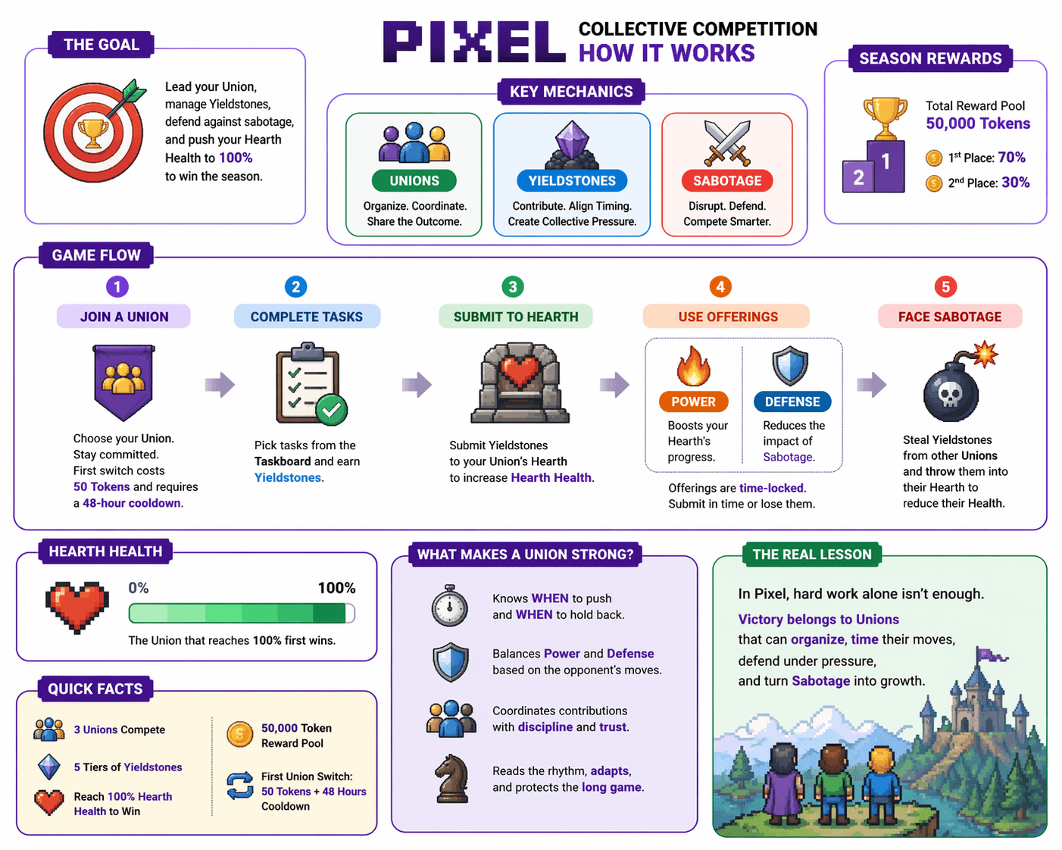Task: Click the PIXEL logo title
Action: click(x=474, y=42)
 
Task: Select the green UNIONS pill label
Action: click(x=414, y=181)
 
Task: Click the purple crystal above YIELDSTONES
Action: click(x=572, y=140)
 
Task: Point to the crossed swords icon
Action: click(x=727, y=142)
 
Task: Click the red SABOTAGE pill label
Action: click(x=727, y=181)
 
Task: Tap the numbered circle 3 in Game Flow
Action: click(x=513, y=287)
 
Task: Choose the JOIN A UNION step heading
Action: click(x=124, y=317)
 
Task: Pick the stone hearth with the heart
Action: click(x=520, y=383)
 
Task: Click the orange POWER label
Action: click(x=693, y=402)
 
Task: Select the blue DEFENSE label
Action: click(x=792, y=402)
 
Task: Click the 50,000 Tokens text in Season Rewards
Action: click(x=978, y=123)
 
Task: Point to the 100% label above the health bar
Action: click(x=336, y=588)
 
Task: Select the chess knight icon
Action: click(x=450, y=779)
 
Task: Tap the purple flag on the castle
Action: click(x=989, y=655)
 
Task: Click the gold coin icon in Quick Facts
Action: click(x=240, y=734)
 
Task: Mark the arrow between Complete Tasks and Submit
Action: click(x=417, y=384)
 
